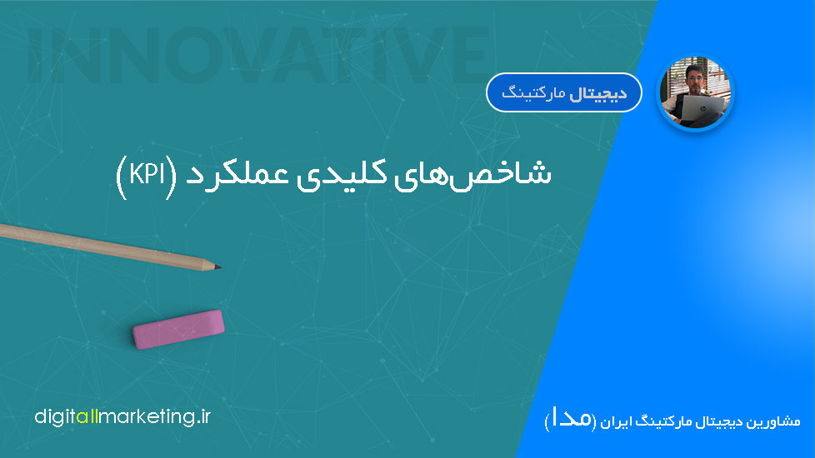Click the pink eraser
pos(178,329)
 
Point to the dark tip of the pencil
pos(219,267)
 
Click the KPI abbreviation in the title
pos(147,175)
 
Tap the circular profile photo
pos(696,93)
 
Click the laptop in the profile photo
pos(700,110)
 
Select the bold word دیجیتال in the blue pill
pos(598,94)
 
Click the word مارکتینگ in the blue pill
pos(533,94)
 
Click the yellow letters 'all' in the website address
pos(87,417)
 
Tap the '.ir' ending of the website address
pos(203,417)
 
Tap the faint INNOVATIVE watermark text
pos(258,56)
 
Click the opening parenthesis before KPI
pos(169,177)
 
